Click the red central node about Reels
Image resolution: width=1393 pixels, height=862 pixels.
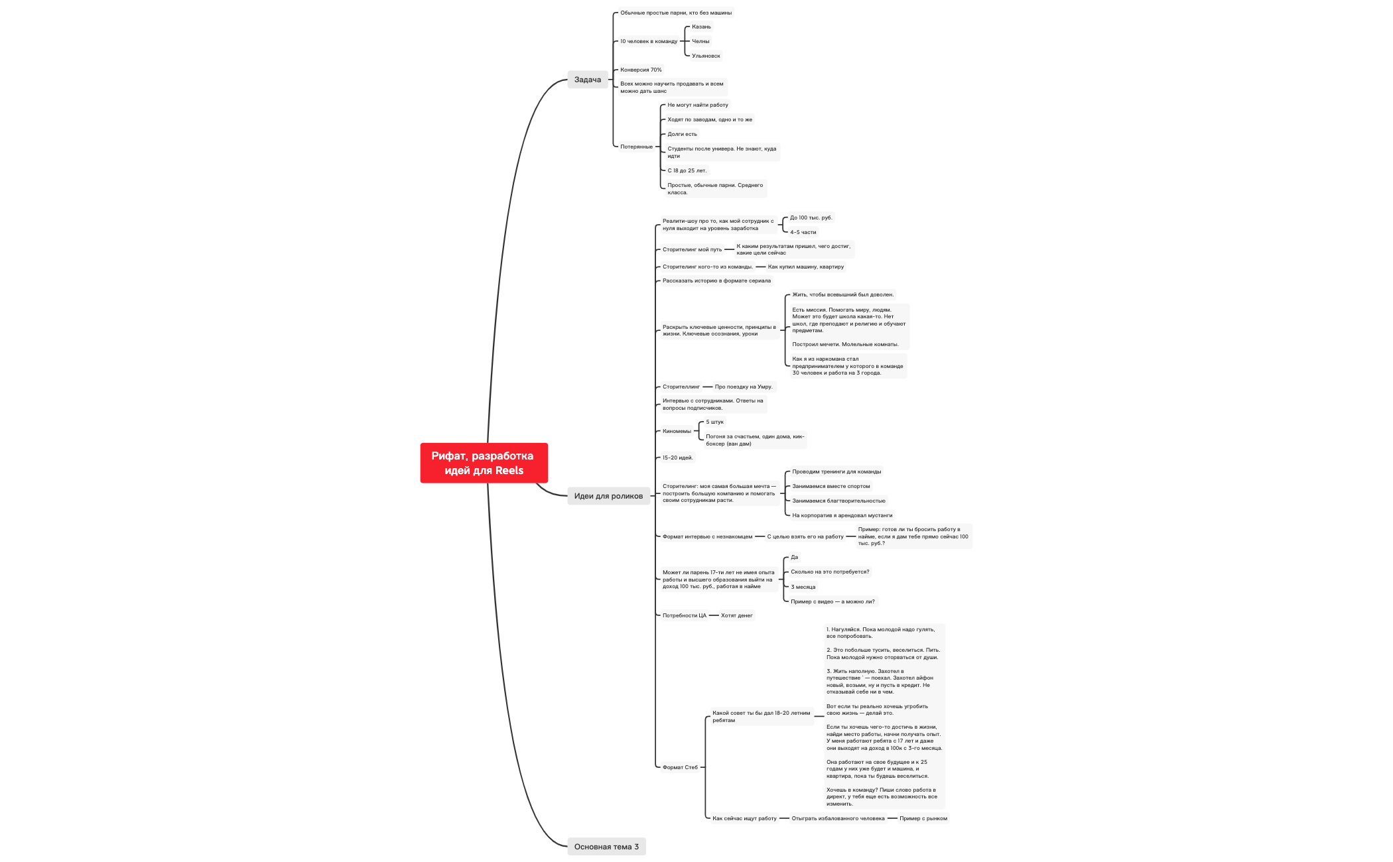pyautogui.click(x=484, y=463)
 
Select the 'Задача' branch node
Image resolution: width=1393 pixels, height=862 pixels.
pyautogui.click(x=588, y=80)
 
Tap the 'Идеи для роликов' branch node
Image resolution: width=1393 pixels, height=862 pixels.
pyautogui.click(x=608, y=496)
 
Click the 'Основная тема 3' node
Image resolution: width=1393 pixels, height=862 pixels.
pyautogui.click(x=606, y=847)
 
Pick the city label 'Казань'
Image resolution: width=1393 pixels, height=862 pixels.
pyautogui.click(x=701, y=27)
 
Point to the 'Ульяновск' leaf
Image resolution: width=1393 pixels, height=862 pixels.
pyautogui.click(x=706, y=56)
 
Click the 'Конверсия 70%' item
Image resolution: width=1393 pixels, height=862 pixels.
pyautogui.click(x=641, y=70)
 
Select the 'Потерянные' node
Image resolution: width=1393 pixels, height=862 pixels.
pyautogui.click(x=636, y=147)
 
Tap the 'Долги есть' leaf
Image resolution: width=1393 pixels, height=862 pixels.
pyautogui.click(x=682, y=134)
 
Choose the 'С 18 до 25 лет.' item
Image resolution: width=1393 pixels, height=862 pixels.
pyautogui.click(x=687, y=170)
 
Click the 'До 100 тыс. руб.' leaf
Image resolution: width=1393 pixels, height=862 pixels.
pyautogui.click(x=811, y=217)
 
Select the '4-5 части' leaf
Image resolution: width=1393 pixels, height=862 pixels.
pyautogui.click(x=803, y=232)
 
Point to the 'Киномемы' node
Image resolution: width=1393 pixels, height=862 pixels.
pyautogui.click(x=677, y=431)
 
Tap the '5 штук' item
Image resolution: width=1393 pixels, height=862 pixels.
pyautogui.click(x=714, y=422)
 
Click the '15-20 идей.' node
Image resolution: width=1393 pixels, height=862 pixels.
pyautogui.click(x=677, y=458)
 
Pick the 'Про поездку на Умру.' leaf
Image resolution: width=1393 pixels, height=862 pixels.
pyautogui.click(x=744, y=387)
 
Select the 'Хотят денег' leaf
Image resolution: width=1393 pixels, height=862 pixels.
pyautogui.click(x=736, y=615)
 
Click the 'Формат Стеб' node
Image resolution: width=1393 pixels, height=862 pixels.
pyautogui.click(x=680, y=767)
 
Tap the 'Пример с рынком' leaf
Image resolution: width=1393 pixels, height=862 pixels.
pyautogui.click(x=923, y=818)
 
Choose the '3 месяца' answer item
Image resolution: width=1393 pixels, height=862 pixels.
pyautogui.click(x=803, y=587)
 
